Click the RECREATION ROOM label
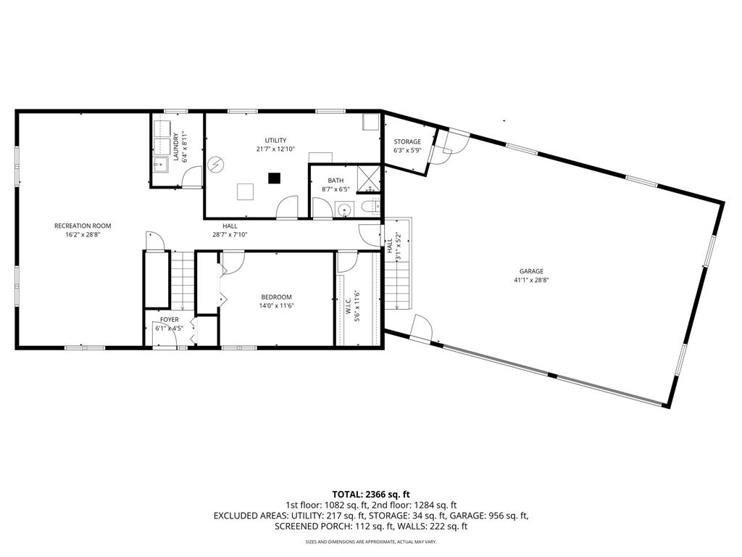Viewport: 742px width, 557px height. pyautogui.click(x=83, y=226)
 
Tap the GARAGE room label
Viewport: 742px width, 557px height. pyautogui.click(x=531, y=271)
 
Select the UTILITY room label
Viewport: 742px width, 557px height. pyautogui.click(x=275, y=141)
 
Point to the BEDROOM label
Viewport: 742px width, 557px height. pyautogui.click(x=276, y=297)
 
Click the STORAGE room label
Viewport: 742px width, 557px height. pyautogui.click(x=407, y=141)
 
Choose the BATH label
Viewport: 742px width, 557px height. pyautogui.click(x=335, y=181)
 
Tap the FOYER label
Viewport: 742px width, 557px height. pyautogui.click(x=169, y=320)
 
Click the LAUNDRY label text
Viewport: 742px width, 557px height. pyautogui.click(x=176, y=147)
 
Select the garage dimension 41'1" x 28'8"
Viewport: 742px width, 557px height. pyautogui.click(x=531, y=280)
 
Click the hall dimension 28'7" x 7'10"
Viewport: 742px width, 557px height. pyautogui.click(x=230, y=234)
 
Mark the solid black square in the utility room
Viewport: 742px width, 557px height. pyautogui.click(x=274, y=178)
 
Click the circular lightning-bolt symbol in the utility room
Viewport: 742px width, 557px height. pyautogui.click(x=216, y=165)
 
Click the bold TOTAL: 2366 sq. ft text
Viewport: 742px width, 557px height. pyautogui.click(x=371, y=495)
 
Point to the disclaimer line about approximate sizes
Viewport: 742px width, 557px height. pyautogui.click(x=371, y=542)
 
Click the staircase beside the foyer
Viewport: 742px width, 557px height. pyautogui.click(x=182, y=281)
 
